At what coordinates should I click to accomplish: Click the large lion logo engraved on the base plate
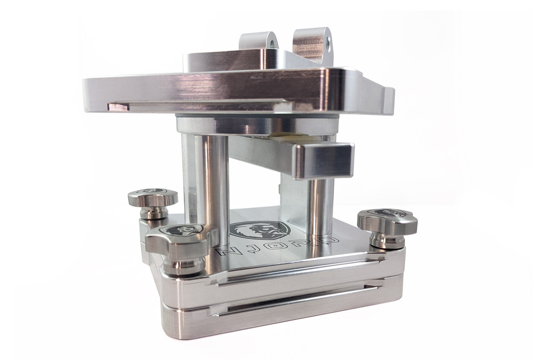(x=260, y=230)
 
